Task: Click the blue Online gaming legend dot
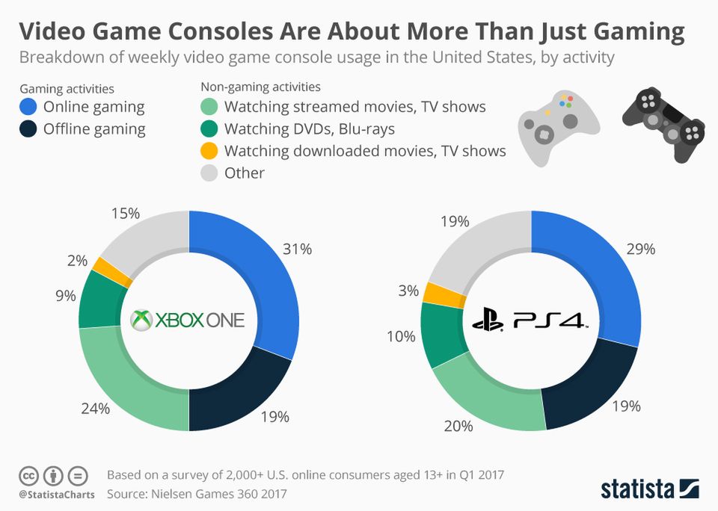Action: [29, 107]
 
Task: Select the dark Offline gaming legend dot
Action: [29, 129]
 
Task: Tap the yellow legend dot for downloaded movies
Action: [211, 151]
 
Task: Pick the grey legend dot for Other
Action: [211, 173]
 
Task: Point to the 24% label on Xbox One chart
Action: [96, 409]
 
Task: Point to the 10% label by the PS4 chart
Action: [401, 336]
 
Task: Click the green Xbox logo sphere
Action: [141, 320]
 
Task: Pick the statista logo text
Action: [638, 489]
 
